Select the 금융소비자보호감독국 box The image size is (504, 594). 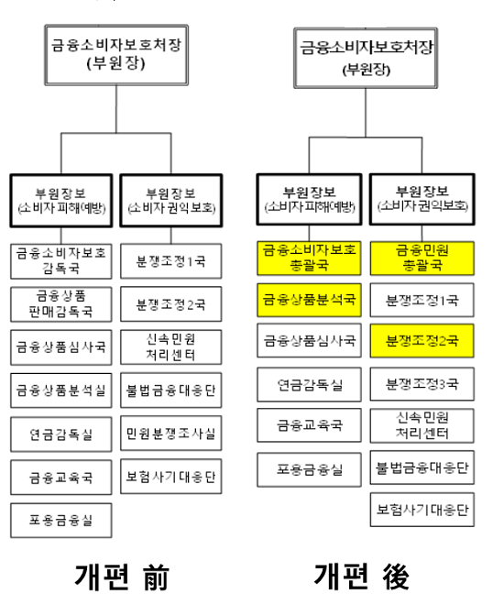[x=61, y=260]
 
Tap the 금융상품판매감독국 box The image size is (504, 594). [x=61, y=303]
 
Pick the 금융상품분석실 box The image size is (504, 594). [x=61, y=390]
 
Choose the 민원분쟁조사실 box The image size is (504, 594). [x=170, y=434]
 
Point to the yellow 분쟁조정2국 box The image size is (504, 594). [x=422, y=341]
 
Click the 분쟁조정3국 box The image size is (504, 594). [x=422, y=383]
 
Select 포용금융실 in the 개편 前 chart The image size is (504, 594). [x=61, y=522]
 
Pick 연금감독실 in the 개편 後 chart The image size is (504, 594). [x=311, y=384]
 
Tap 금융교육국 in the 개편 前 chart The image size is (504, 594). [x=61, y=478]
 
